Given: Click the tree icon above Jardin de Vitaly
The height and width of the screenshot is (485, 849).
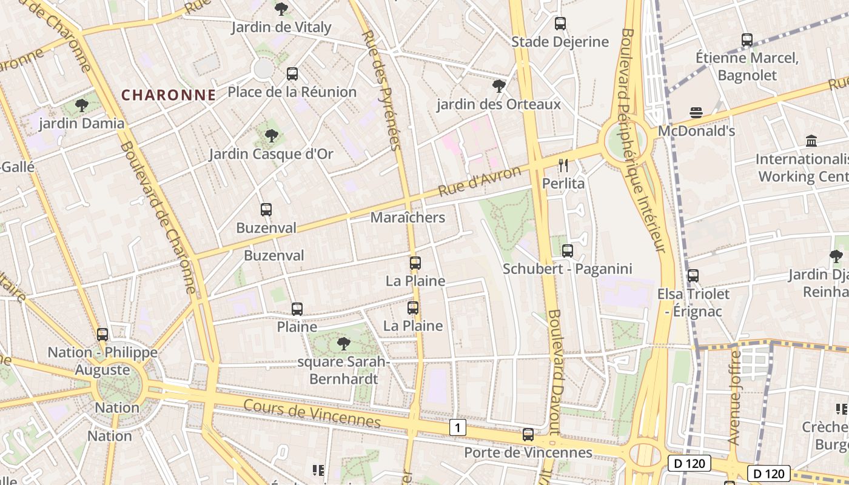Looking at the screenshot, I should click(281, 9).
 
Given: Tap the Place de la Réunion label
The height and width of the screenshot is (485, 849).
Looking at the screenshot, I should click(292, 92).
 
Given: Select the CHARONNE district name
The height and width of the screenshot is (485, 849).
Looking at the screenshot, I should click(169, 95).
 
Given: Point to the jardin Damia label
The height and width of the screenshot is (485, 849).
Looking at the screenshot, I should click(81, 124).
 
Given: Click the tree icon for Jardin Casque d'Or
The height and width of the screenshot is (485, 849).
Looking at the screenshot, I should click(272, 136).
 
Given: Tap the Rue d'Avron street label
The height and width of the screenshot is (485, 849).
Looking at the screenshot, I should click(479, 181).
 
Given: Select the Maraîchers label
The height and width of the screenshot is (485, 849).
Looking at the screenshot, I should click(408, 218).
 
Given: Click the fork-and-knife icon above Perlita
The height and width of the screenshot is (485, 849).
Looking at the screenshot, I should click(563, 165).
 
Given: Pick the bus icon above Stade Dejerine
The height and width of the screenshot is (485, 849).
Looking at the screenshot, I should click(560, 24).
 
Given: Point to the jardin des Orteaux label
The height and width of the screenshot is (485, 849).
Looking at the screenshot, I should click(498, 104).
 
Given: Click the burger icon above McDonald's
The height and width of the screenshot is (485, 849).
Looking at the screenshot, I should click(696, 113).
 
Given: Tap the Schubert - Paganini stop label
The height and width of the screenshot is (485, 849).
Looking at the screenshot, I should click(567, 269).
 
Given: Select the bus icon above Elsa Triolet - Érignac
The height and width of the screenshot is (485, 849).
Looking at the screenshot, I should click(693, 276).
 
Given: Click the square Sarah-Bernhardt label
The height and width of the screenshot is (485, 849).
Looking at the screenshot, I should click(344, 370).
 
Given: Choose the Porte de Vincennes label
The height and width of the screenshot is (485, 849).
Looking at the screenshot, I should click(528, 453).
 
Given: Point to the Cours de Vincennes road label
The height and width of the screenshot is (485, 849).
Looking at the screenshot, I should click(312, 414).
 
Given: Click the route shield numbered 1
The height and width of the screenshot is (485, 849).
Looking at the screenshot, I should click(458, 428).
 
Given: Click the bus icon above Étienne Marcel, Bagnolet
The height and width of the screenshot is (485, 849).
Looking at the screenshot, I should click(747, 41).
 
